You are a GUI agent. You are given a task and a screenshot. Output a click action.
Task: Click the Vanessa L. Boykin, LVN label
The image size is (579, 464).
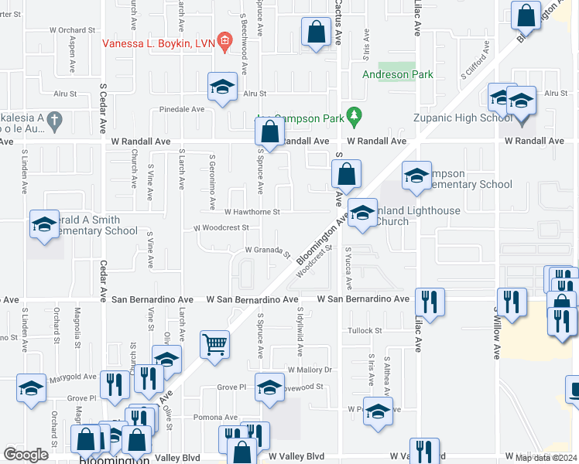(x=159, y=42)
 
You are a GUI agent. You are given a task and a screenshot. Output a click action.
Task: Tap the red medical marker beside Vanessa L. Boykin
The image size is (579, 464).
(x=224, y=41)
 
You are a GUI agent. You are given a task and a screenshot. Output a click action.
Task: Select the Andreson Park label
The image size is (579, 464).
(x=399, y=75)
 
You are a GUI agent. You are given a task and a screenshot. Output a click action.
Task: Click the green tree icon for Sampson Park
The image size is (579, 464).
(x=355, y=115)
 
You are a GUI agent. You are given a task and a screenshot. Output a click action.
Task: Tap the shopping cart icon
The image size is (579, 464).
(x=215, y=343)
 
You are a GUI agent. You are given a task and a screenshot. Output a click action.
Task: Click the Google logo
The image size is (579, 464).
(x=26, y=454)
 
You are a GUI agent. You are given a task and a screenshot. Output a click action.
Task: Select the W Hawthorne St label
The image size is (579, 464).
(x=252, y=211)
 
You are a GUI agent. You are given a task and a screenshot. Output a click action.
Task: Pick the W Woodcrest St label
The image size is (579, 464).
(x=221, y=228)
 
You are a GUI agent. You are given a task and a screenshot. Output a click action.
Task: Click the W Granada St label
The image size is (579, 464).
(x=267, y=251)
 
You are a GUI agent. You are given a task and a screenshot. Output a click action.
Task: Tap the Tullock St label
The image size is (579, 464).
(x=365, y=330)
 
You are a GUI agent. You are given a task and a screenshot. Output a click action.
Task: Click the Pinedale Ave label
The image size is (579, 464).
(x=181, y=110)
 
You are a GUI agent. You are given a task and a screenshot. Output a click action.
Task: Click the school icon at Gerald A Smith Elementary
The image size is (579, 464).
(x=44, y=224)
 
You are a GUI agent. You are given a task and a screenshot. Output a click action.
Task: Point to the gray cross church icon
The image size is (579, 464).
(x=53, y=120)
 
